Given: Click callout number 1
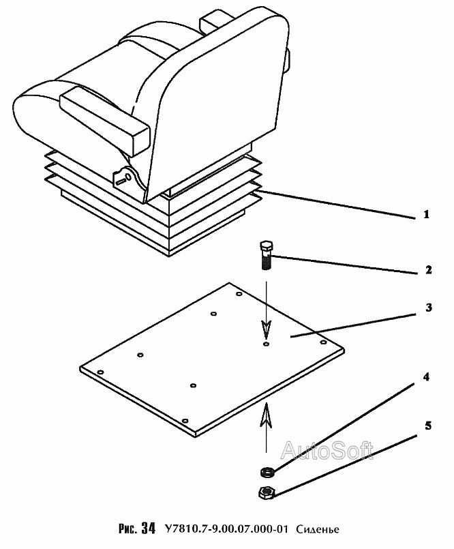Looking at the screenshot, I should point(426,215).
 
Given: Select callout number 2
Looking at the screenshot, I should point(428,270).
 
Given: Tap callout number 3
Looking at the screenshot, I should point(428,308).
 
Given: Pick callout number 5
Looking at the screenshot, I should point(428,426).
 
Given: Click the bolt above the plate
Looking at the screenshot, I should point(266,256).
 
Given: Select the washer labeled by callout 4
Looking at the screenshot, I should point(267,471).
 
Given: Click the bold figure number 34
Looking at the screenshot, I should point(149,529).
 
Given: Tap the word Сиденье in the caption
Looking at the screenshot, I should point(318,529).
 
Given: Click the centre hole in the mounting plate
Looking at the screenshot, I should point(266,345).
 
